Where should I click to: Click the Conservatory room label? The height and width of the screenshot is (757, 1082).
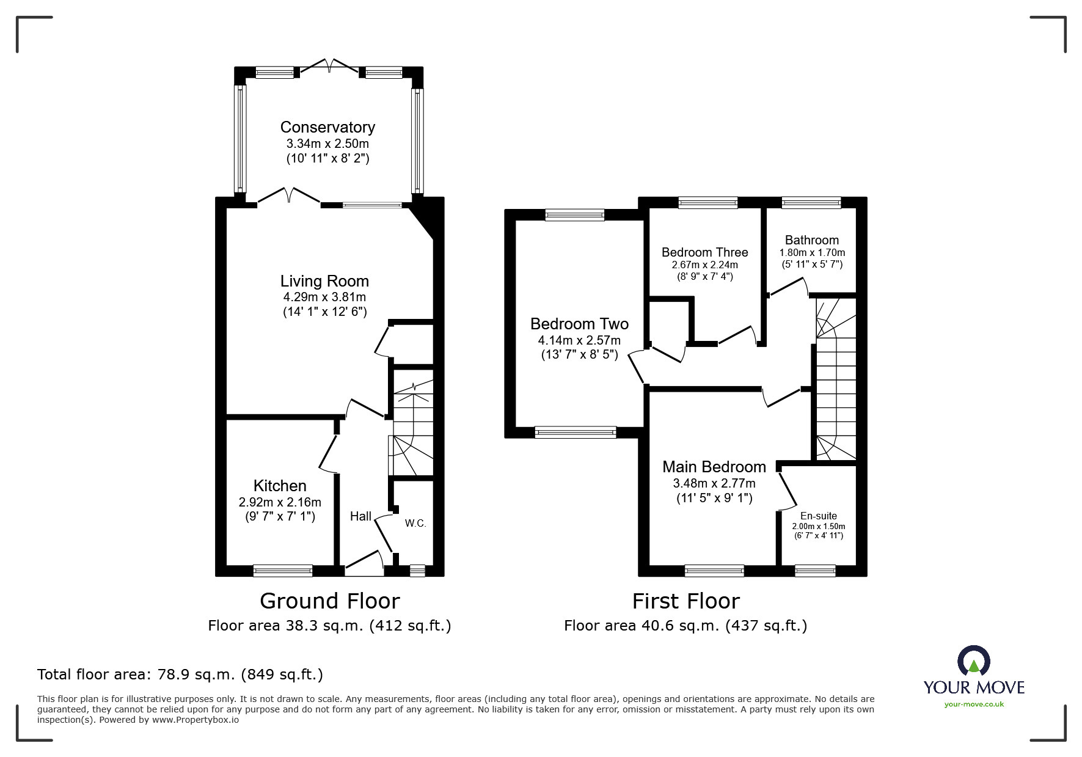click(327, 127)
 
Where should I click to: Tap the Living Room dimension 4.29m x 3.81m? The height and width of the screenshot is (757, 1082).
click(324, 298)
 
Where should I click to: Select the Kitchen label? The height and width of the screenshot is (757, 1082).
click(280, 486)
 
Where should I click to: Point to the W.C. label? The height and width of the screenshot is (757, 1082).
click(415, 524)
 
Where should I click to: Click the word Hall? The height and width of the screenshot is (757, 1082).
click(360, 516)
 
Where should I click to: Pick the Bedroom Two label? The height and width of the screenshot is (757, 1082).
click(579, 324)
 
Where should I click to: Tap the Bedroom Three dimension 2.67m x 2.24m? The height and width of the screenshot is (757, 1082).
click(704, 265)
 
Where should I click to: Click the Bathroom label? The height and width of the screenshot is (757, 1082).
click(811, 240)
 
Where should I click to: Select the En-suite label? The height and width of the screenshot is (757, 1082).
click(818, 516)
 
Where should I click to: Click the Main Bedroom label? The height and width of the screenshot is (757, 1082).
click(714, 467)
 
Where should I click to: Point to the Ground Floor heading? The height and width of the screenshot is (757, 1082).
click(330, 601)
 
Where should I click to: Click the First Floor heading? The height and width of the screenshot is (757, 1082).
click(685, 601)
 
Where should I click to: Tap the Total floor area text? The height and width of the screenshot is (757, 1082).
click(180, 675)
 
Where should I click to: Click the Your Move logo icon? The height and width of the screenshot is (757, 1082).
click(973, 662)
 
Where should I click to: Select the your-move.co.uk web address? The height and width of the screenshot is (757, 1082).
click(974, 704)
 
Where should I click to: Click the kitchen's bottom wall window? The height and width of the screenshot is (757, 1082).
click(283, 571)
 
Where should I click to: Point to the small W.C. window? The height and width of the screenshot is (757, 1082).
click(417, 571)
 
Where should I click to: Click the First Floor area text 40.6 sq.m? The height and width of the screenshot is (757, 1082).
click(685, 626)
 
